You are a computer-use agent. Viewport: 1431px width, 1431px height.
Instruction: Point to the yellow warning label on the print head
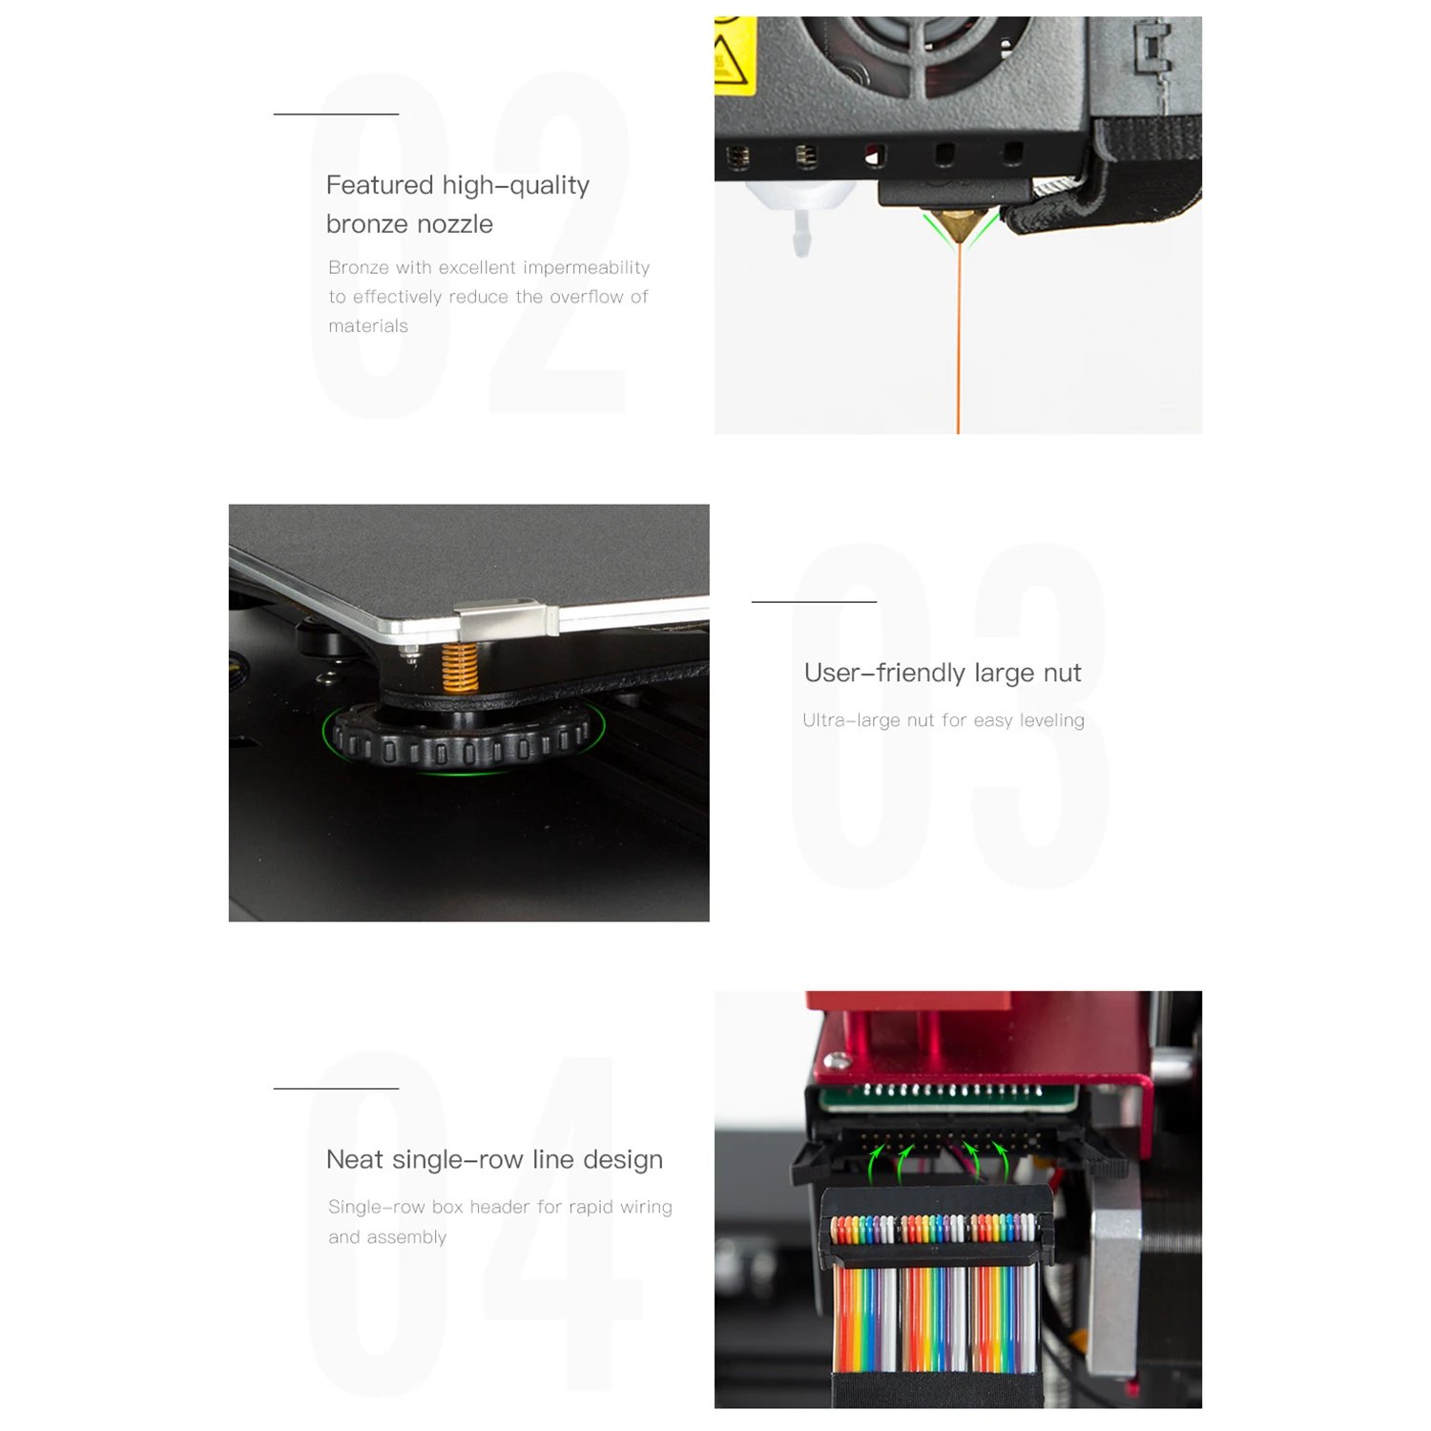(x=734, y=55)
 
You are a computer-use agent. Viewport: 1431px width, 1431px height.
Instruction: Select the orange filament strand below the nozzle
(x=959, y=338)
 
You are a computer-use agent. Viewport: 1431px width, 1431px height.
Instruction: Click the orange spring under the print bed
(x=460, y=667)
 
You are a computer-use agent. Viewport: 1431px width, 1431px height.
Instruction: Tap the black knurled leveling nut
(x=464, y=737)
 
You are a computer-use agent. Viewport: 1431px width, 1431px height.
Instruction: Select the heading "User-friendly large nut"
(x=943, y=674)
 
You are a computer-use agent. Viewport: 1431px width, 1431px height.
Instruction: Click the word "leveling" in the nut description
(x=1051, y=721)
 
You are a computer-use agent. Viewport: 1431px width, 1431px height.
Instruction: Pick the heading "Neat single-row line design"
(x=494, y=1160)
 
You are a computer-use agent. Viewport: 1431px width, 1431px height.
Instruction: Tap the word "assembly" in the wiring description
(x=409, y=1237)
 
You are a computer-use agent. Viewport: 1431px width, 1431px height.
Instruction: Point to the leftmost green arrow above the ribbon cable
(x=874, y=1165)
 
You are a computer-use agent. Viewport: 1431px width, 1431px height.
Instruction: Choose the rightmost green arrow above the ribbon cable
(x=1001, y=1162)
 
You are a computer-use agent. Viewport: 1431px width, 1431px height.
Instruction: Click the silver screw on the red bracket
(x=838, y=1060)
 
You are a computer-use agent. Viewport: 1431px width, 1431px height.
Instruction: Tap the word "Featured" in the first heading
(x=380, y=185)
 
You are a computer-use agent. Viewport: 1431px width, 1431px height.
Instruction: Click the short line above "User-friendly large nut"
(x=814, y=602)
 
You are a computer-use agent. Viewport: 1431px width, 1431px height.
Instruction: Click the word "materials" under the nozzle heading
(x=368, y=326)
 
